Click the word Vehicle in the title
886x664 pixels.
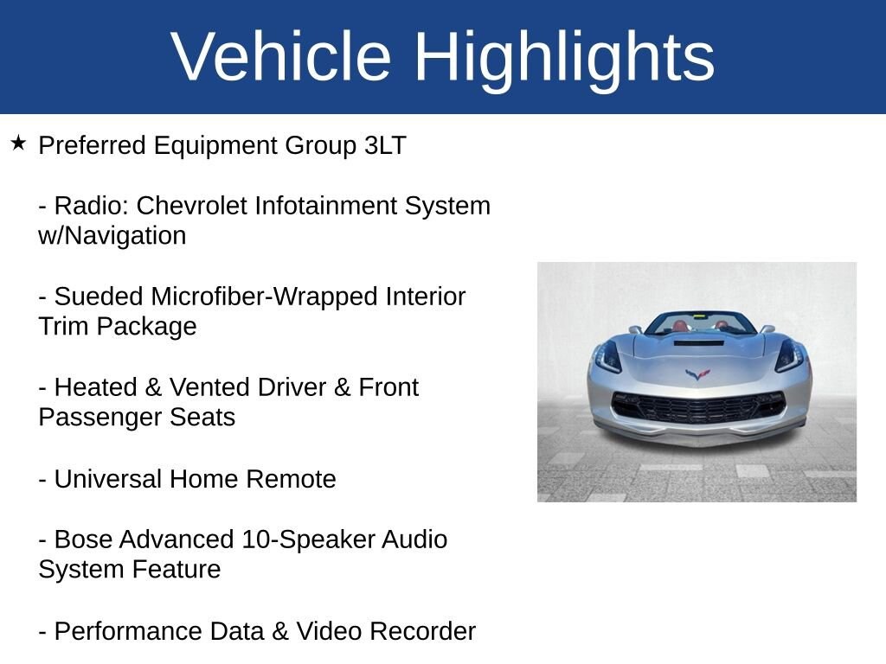[281, 57]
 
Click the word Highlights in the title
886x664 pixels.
[564, 57]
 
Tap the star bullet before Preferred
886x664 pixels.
[18, 143]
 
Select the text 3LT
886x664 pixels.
[385, 145]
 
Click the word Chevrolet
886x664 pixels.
[192, 206]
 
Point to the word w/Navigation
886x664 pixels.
[112, 236]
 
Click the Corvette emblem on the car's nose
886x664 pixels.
[697, 374]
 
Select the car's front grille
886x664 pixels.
[697, 407]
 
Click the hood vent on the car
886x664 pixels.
[698, 343]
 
